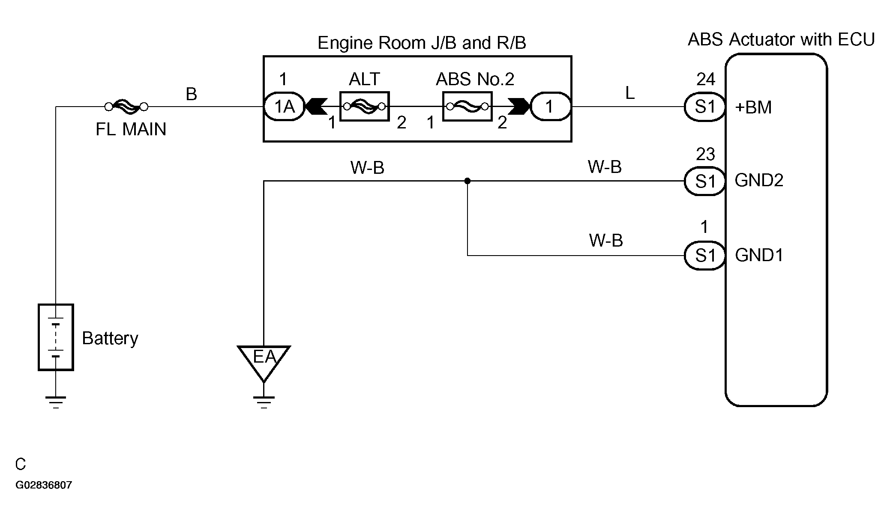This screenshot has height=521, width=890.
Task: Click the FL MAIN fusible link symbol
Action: (126, 107)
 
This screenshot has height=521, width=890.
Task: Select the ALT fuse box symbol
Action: (364, 106)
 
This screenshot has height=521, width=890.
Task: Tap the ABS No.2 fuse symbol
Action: (467, 106)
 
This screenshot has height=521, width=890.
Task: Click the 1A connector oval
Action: (284, 107)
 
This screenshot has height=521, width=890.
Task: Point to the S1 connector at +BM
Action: (704, 107)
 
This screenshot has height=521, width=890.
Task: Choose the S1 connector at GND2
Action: (704, 181)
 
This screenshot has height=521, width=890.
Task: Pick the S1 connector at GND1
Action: (704, 256)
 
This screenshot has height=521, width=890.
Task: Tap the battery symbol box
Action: (56, 337)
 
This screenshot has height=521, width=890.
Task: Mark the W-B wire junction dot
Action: (467, 181)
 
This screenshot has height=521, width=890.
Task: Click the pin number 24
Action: (705, 79)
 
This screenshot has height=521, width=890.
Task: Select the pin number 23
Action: (705, 154)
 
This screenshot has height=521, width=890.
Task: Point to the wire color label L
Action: (630, 93)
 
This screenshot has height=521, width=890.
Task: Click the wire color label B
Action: (191, 94)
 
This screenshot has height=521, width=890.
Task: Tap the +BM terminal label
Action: (753, 107)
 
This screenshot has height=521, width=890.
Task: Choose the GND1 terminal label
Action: (759, 255)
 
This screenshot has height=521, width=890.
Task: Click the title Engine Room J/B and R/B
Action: (422, 43)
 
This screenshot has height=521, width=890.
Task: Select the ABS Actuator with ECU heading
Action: (781, 39)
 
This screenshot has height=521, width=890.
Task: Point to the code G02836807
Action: (44, 485)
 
